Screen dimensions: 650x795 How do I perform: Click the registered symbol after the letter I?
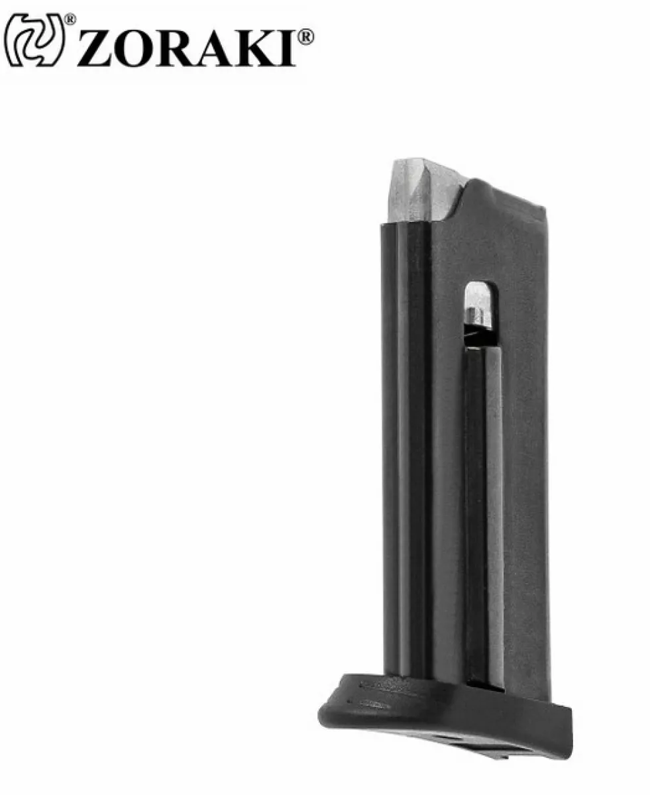click(305, 37)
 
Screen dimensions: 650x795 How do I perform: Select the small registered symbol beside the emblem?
click(70, 19)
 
